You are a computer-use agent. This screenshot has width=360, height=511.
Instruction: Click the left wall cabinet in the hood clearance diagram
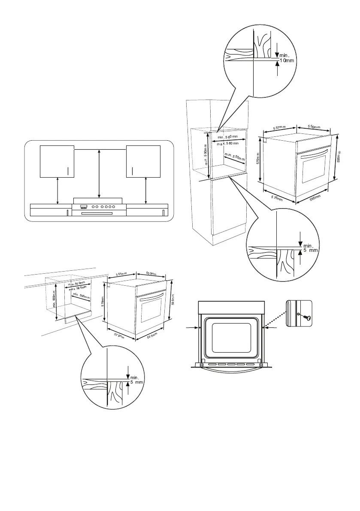click(57, 161)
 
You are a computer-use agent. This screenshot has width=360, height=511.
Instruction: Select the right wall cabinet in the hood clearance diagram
click(143, 161)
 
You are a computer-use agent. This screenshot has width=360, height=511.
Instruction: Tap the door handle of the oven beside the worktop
click(150, 297)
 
